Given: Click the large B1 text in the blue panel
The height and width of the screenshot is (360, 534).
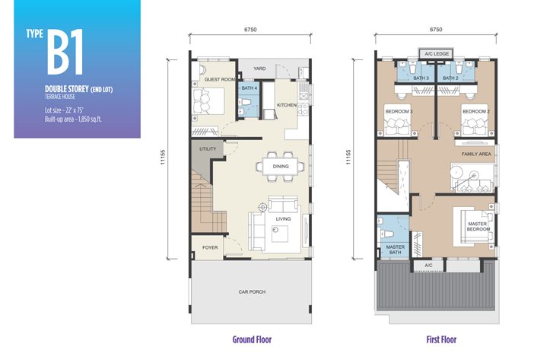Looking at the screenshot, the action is (x=65, y=52).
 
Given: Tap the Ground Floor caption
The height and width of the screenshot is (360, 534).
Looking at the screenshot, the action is (x=252, y=339).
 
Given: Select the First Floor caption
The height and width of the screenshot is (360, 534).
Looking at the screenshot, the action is (x=441, y=339).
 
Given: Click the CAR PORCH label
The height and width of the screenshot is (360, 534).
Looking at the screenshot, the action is (x=252, y=292).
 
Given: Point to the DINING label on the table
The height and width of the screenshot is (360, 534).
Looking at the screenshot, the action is (x=281, y=166).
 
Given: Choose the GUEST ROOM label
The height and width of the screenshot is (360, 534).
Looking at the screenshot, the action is (x=220, y=79).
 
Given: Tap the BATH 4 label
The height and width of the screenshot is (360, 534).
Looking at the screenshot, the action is (x=250, y=88).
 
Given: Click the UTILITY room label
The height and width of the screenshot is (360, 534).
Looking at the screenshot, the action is (x=208, y=149).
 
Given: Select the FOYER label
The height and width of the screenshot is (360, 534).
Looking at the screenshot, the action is (x=210, y=247).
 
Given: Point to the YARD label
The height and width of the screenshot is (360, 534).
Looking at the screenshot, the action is (x=259, y=68).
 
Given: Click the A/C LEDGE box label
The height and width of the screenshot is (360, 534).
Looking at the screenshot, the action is (x=437, y=54).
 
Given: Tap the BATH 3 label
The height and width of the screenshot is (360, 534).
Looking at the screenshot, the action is (x=421, y=78).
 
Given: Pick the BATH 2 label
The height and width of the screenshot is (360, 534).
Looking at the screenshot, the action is (x=450, y=78).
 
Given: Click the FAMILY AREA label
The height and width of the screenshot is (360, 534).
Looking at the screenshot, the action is (x=476, y=154).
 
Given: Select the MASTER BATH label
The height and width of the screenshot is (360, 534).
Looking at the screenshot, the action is (x=396, y=250).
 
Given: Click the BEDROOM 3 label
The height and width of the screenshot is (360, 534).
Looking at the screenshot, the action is (x=399, y=111).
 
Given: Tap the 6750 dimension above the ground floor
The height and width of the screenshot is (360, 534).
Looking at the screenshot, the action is (x=250, y=30).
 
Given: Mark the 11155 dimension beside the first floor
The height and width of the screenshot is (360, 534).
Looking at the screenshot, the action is (x=348, y=158).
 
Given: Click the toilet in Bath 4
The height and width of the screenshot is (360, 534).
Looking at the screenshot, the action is (x=244, y=101).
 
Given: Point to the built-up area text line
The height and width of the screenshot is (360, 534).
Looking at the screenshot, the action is (x=73, y=119).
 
